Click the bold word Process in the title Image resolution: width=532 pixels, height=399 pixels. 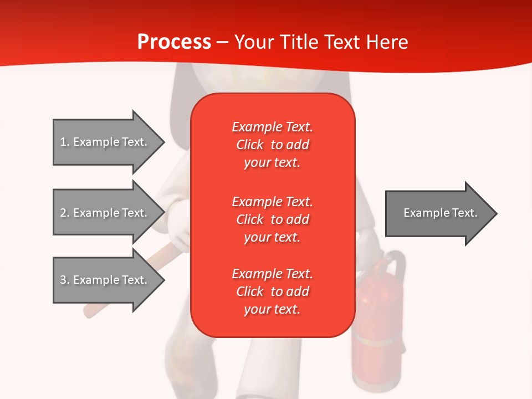174,42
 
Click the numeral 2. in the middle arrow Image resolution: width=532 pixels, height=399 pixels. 64,213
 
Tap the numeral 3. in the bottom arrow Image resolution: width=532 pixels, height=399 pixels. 64,280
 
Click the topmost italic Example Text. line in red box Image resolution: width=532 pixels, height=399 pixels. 272,127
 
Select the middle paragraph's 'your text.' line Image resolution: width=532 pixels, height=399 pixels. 272,237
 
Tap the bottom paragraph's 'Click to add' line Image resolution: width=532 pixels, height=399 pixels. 272,291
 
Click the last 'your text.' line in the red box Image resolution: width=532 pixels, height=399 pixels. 272,309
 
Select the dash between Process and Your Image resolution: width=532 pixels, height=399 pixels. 222,42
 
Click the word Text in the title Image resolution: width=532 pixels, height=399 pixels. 342,42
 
